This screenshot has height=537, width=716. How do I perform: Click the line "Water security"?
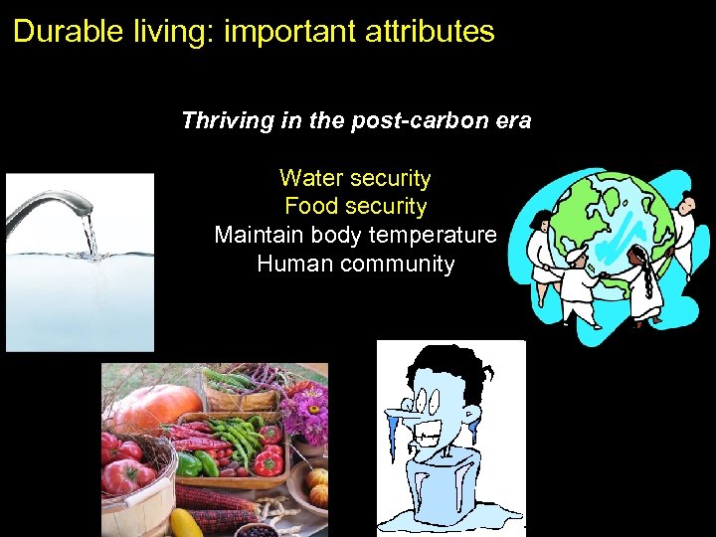(355, 179)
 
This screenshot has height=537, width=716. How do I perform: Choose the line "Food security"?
(355, 207)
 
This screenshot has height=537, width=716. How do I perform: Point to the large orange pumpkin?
(154, 405)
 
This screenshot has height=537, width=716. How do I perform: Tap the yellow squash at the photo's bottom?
(186, 523)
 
